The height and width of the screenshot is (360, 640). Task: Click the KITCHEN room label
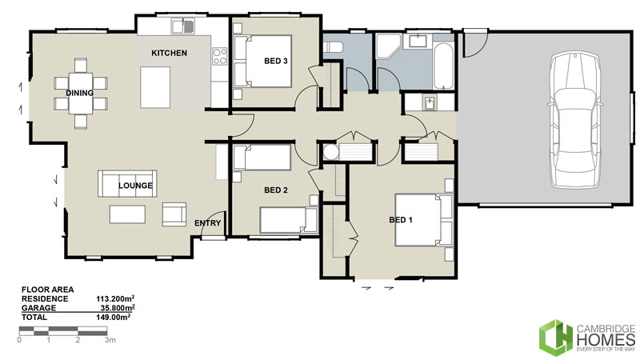(170, 53)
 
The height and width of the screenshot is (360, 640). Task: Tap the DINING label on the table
(80, 93)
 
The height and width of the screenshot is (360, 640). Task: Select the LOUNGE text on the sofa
(136, 186)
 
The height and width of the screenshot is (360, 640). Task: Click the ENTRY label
(208, 223)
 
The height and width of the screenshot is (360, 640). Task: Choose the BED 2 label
(275, 190)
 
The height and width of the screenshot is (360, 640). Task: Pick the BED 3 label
(276, 60)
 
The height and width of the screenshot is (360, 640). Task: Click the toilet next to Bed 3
(334, 47)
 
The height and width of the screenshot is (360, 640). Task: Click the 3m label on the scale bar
(110, 340)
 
